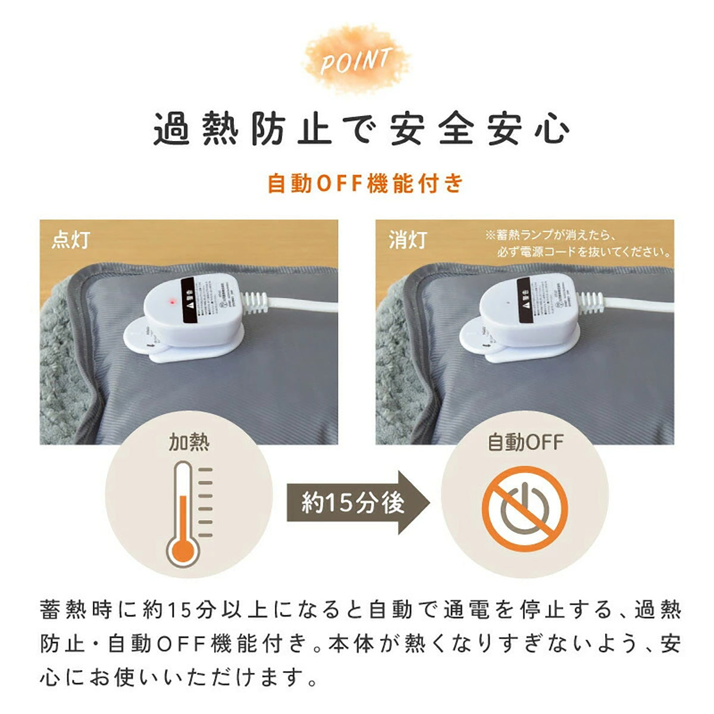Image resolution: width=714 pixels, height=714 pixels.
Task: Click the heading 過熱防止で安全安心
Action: [361, 129]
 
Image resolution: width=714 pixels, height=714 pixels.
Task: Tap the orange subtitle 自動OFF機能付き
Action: [364, 183]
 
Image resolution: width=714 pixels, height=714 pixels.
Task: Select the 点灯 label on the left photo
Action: [71, 239]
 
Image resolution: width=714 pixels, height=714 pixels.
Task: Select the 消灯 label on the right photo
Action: [408, 239]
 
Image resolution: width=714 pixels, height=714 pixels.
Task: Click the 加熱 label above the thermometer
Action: [189, 443]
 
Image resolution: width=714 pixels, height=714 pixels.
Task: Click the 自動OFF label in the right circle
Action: [525, 443]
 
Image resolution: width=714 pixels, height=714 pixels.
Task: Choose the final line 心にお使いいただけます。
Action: [178, 677]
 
